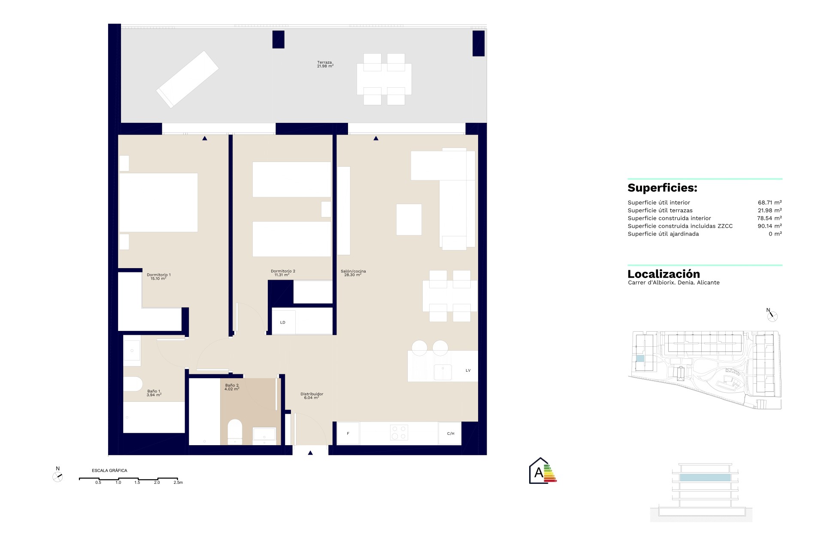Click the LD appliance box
(x=283, y=322)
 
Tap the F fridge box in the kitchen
(x=348, y=434)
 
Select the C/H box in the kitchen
(x=450, y=434)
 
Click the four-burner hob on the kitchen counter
(x=399, y=433)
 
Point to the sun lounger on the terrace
(x=188, y=79)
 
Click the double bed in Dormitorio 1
(x=158, y=202)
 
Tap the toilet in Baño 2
(x=235, y=432)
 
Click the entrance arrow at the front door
(x=310, y=452)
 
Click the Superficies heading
(x=662, y=188)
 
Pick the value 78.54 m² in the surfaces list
(x=769, y=218)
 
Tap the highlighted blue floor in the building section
(x=705, y=477)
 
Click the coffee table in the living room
(x=409, y=220)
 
